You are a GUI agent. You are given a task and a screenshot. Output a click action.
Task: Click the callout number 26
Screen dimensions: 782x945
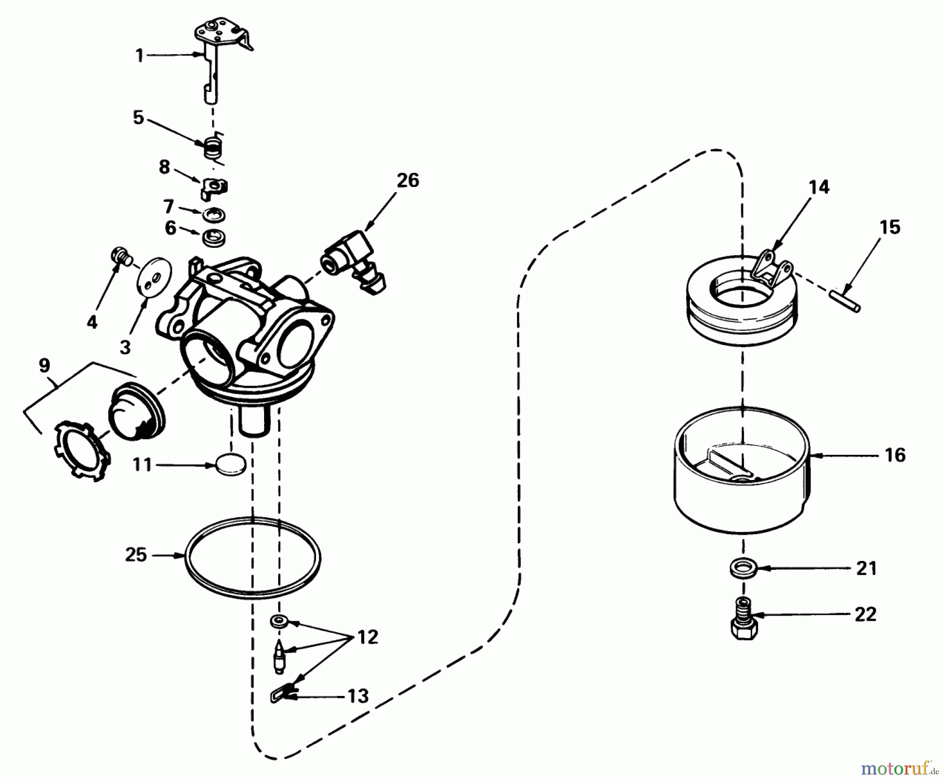pos(408,181)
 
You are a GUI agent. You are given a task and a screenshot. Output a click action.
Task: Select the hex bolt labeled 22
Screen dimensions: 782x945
pos(744,620)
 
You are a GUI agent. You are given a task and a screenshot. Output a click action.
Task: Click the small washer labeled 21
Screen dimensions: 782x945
pos(740,568)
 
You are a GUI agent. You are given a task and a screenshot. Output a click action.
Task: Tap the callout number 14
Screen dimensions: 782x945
pos(819,187)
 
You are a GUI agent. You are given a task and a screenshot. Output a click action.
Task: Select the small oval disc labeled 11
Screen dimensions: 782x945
pos(230,465)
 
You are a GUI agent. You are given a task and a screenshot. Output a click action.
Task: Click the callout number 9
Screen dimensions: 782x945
pos(45,365)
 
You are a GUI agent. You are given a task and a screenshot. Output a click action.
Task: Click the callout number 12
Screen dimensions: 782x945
pos(367,638)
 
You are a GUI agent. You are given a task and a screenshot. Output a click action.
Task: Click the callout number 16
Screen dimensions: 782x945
pos(895,455)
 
